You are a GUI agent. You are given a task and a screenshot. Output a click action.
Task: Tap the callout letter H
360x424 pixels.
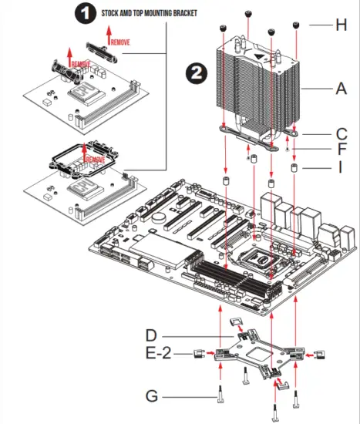tap(341, 25)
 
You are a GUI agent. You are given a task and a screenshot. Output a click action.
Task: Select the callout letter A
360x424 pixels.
tap(341, 89)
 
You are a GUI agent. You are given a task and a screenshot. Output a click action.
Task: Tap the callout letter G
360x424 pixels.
tap(153, 397)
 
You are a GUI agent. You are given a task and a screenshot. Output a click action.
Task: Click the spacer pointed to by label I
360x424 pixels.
tap(294, 167)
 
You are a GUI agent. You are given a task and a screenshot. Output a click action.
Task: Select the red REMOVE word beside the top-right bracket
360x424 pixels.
tap(121, 42)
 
